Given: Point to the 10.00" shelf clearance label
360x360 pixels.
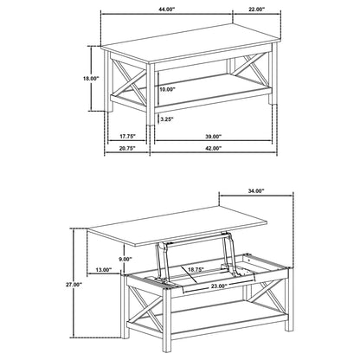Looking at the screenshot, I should [167, 89].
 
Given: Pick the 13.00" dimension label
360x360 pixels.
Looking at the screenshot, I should [104, 270].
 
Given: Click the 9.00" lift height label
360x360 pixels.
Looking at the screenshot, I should [125, 259].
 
